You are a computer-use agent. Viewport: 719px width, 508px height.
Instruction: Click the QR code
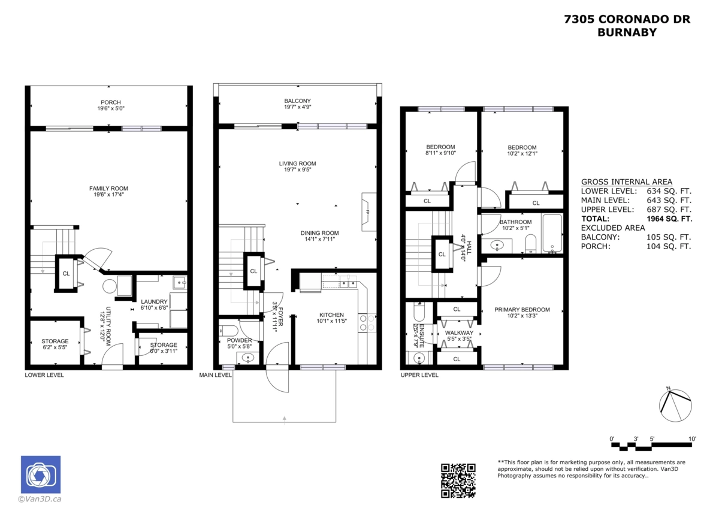point(458,480)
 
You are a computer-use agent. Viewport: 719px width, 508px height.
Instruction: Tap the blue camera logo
point(41,474)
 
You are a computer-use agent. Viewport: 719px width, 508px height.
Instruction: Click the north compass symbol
point(675,405)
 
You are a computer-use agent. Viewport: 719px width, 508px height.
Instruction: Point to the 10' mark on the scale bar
point(692,439)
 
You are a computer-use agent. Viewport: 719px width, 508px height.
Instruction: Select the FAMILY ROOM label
point(108,188)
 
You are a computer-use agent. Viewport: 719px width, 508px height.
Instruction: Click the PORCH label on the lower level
point(111,102)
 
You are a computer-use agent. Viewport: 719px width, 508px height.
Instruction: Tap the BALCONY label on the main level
point(298,101)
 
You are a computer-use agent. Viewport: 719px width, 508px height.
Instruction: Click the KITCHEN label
point(331,315)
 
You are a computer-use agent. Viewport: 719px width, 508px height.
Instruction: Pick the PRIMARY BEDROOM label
point(522,310)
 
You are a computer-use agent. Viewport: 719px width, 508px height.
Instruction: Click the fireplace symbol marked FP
point(368,212)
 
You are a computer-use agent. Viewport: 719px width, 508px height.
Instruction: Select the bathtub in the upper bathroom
point(552,233)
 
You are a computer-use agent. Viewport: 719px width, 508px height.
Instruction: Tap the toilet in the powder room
point(228,331)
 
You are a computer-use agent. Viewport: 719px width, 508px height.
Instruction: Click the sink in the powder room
point(247,358)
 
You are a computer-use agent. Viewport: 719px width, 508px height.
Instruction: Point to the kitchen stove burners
point(367,323)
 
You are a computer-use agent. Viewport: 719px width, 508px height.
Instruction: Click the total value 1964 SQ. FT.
point(669,219)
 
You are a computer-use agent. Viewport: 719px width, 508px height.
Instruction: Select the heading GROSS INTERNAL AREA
point(627,182)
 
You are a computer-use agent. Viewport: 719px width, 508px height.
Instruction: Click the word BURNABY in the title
point(627,32)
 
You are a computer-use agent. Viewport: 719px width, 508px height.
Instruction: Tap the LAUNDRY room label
point(154,302)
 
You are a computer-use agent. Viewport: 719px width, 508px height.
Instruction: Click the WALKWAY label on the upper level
point(459,333)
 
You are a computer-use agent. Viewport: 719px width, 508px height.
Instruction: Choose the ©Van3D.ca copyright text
point(40,499)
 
